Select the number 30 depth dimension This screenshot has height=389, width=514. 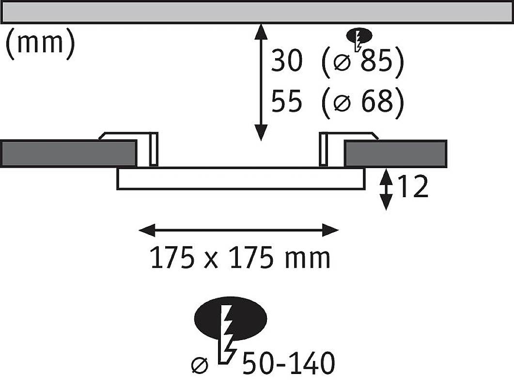click(x=286, y=62)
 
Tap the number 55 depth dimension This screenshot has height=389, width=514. click(x=286, y=102)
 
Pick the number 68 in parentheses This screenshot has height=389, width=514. click(x=375, y=102)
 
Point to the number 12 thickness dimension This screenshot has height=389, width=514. click(x=413, y=187)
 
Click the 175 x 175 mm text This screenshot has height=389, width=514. click(x=240, y=258)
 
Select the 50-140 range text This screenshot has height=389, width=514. click(x=289, y=363)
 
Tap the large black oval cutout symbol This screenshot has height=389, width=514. click(x=230, y=318)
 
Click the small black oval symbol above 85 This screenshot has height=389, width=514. click(x=359, y=36)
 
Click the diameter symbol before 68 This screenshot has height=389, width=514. click(x=343, y=103)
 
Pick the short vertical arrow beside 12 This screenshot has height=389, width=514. click(x=386, y=189)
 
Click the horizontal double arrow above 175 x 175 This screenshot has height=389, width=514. click(x=239, y=231)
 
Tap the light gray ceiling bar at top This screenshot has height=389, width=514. click(x=257, y=12)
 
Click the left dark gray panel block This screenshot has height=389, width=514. click(x=68, y=153)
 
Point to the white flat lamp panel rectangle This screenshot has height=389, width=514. click(x=240, y=178)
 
